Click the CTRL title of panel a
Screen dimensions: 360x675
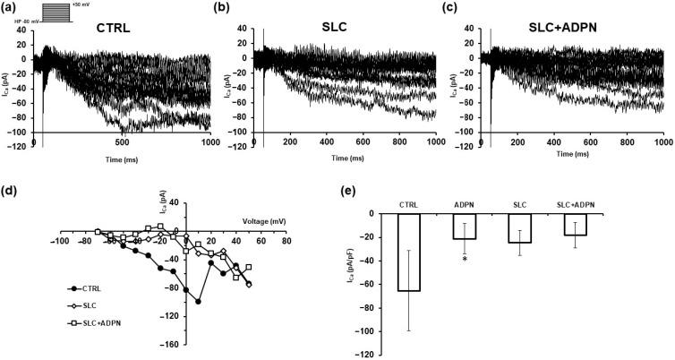(x=113, y=28)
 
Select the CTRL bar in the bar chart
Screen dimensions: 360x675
(x=409, y=252)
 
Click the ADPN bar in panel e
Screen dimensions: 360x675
(x=465, y=226)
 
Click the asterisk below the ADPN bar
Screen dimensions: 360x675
(x=466, y=258)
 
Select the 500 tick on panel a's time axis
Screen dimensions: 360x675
(x=123, y=143)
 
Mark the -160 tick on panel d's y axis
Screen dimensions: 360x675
(x=172, y=344)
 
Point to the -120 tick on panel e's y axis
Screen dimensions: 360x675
(x=369, y=356)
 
